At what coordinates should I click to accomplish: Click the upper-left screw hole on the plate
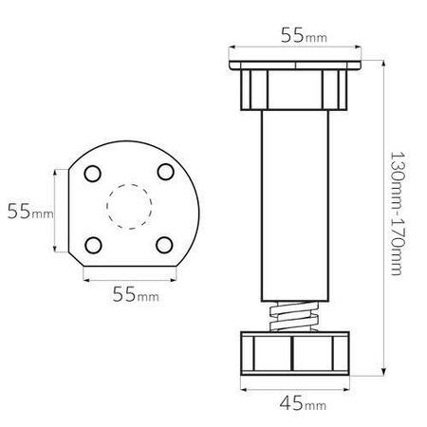[93, 174]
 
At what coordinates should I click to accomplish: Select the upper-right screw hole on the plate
[166, 172]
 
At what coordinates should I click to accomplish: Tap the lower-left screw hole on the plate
[93, 245]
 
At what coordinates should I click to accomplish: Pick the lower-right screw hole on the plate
[164, 245]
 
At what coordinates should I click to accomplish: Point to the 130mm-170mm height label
[397, 213]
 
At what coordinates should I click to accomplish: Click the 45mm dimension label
[303, 403]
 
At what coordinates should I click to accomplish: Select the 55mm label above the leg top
[304, 35]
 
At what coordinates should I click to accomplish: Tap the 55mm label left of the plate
[30, 211]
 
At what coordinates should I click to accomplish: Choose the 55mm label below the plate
[136, 294]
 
